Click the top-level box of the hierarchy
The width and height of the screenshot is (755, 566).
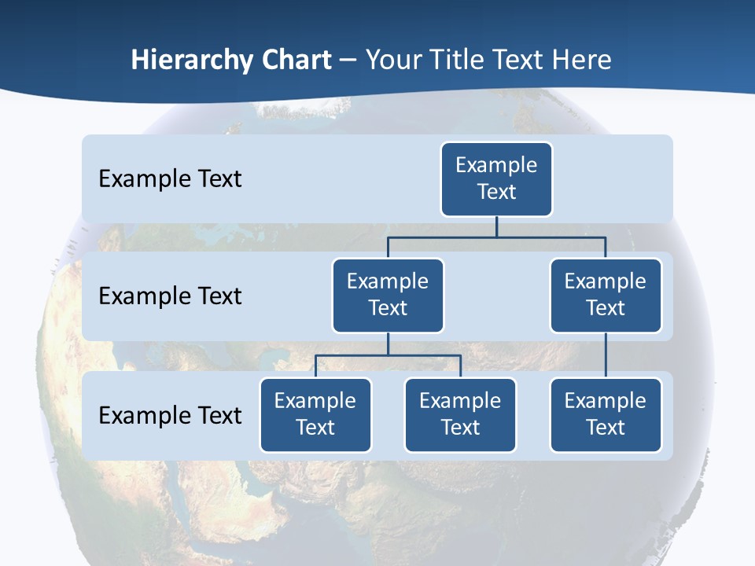pyautogui.click(x=496, y=178)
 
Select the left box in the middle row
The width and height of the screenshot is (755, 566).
pyautogui.click(x=388, y=295)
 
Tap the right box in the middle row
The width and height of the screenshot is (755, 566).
pyautogui.click(x=606, y=295)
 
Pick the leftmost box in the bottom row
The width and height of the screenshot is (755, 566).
pyautogui.click(x=315, y=414)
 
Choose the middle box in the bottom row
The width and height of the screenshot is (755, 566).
pyautogui.click(x=460, y=414)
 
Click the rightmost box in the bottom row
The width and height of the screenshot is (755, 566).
pyautogui.click(x=606, y=414)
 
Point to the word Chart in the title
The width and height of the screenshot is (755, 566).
pyautogui.click(x=293, y=60)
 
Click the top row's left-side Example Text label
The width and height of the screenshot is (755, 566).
pyautogui.click(x=170, y=178)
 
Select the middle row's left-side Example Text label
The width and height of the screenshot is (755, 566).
pyautogui.click(x=170, y=296)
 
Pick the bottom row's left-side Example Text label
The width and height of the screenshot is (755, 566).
pyautogui.click(x=170, y=415)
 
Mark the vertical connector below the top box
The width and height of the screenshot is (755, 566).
pyautogui.click(x=496, y=226)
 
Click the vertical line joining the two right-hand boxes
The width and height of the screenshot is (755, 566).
pyautogui.click(x=606, y=355)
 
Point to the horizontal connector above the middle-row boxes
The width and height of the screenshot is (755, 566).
pyautogui.click(x=496, y=236)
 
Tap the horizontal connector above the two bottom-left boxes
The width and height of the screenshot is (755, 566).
pyautogui.click(x=388, y=355)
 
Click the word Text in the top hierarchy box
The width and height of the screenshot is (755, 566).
pyautogui.click(x=496, y=192)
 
